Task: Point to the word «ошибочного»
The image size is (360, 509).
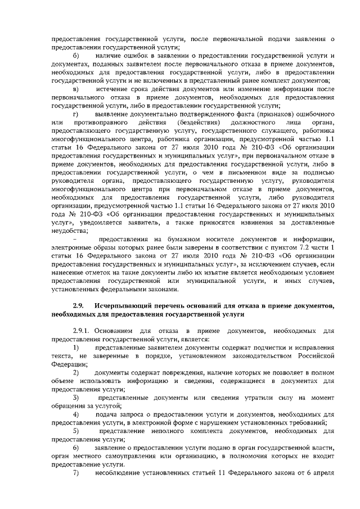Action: click(314, 114)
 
